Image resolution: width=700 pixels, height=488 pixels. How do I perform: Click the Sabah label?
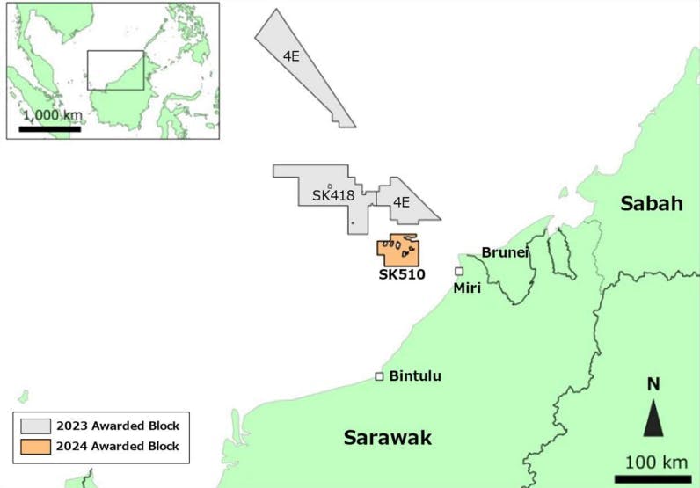coord(651,204)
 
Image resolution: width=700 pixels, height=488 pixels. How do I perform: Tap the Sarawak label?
coord(388,437)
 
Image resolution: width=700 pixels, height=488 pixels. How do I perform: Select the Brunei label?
coord(505,252)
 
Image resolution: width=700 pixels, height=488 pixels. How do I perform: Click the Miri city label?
coord(466,288)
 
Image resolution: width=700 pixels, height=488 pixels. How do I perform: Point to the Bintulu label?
coord(415,376)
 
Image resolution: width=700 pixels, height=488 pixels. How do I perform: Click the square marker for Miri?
coord(458,272)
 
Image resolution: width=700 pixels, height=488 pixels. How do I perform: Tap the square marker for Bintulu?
coord(379,376)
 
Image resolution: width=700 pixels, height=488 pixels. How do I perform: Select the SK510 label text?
coord(401,274)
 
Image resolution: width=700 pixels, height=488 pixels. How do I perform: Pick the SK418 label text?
coord(332,195)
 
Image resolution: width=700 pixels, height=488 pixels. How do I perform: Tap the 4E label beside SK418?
coord(401,202)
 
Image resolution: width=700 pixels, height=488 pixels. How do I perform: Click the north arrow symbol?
coord(652,418)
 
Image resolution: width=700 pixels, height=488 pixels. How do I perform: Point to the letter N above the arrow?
coord(653,384)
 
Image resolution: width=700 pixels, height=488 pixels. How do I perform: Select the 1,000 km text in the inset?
coord(51,115)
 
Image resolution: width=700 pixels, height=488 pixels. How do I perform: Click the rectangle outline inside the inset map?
coord(114,51)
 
